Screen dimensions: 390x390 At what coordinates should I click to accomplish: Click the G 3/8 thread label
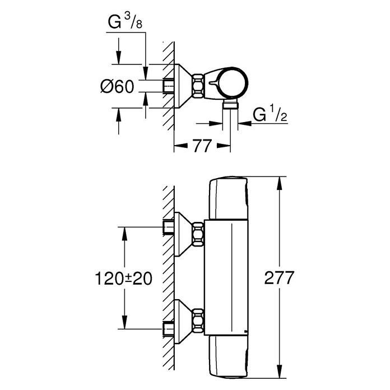[125, 22]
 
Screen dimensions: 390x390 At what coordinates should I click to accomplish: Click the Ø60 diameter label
[117, 86]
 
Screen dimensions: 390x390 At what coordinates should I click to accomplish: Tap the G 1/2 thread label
[270, 114]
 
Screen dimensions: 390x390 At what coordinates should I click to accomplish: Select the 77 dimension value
[202, 146]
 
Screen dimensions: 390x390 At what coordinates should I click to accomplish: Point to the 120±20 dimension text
[124, 278]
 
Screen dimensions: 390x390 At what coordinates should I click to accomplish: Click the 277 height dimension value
[279, 277]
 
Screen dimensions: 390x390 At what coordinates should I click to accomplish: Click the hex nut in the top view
[198, 86]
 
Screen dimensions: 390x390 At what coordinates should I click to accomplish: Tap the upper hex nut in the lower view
[198, 234]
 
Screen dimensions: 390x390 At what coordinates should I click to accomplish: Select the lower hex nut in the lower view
[198, 321]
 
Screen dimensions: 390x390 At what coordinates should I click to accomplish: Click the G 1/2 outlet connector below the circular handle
[230, 104]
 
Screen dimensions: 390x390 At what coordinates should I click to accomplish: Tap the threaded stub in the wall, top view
[169, 86]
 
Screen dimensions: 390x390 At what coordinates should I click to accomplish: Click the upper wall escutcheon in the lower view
[184, 234]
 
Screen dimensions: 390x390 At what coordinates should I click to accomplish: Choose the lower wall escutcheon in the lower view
[184, 321]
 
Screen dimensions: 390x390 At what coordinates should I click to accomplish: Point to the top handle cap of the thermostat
[229, 198]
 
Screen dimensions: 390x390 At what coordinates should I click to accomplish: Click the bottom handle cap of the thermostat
[229, 357]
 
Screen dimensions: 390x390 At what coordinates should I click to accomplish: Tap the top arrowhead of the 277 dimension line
[280, 183]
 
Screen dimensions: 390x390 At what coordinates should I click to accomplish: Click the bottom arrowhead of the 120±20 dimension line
[124, 322]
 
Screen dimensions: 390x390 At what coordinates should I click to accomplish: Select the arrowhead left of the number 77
[180, 146]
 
